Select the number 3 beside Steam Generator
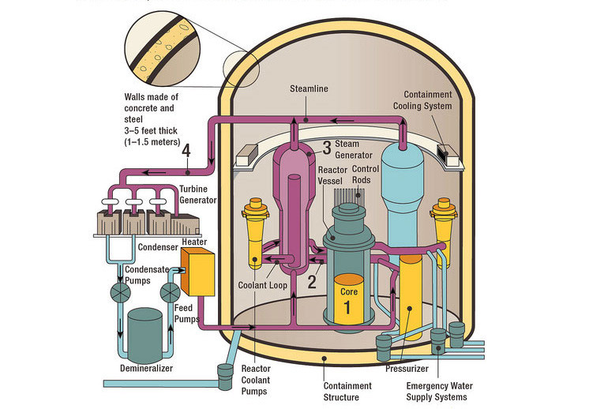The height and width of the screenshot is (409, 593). [x=326, y=147]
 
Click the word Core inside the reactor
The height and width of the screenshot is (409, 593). [x=349, y=291]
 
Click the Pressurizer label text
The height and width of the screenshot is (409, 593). [x=407, y=368]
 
